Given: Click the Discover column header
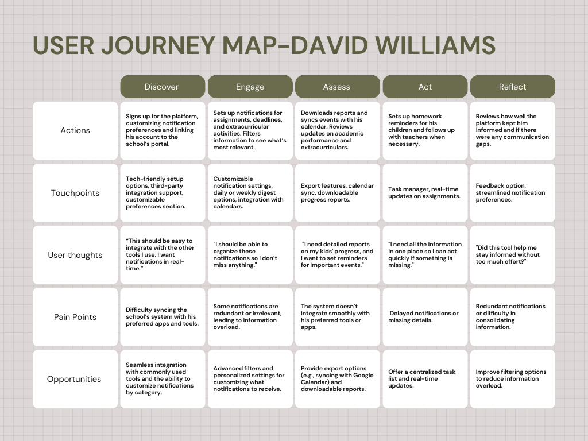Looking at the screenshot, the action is tap(162, 87).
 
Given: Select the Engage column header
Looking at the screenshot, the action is tap(250, 87).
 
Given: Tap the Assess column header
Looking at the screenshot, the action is tap(337, 87).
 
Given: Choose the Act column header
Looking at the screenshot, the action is tap(425, 87).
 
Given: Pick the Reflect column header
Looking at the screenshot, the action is tap(512, 87).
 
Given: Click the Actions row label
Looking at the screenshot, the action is tap(75, 130).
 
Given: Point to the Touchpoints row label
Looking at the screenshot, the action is tap(75, 193).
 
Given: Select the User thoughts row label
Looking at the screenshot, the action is tap(75, 255).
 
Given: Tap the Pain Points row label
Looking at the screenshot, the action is tap(75, 317).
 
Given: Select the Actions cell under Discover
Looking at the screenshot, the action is tap(162, 130).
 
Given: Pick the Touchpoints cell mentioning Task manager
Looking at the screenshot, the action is tap(425, 193).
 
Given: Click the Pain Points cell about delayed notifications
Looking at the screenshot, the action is tap(425, 317).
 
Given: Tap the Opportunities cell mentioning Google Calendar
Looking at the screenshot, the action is tap(337, 379).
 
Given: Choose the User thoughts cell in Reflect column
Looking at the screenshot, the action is tap(512, 255).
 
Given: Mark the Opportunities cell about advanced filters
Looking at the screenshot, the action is tap(250, 379).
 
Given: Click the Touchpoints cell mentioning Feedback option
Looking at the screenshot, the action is tap(512, 193).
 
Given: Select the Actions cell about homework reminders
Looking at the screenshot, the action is tap(425, 130).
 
